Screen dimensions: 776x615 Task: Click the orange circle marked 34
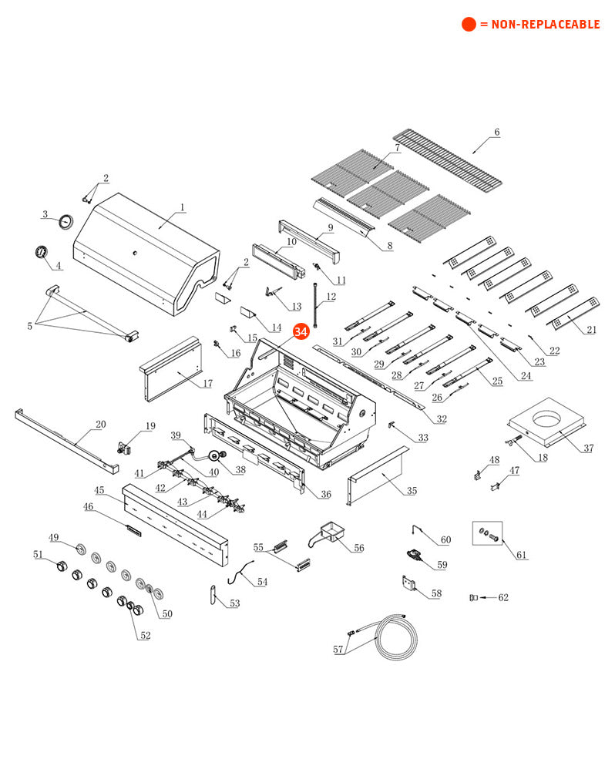pyautogui.click(x=301, y=331)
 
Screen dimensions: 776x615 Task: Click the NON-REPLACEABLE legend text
pyautogui.click(x=539, y=25)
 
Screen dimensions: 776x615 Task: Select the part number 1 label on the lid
pyautogui.click(x=183, y=207)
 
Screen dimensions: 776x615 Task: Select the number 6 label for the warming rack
pyautogui.click(x=497, y=133)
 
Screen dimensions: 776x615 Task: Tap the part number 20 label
pyautogui.click(x=100, y=425)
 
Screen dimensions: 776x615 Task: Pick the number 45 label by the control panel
pyautogui.click(x=99, y=490)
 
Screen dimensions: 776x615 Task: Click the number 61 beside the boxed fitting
pyautogui.click(x=522, y=555)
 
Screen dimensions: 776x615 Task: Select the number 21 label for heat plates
pyautogui.click(x=592, y=330)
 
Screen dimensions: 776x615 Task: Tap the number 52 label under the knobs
pyautogui.click(x=145, y=636)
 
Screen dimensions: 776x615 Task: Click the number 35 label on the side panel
pyautogui.click(x=412, y=491)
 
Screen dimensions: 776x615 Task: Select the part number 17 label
pyautogui.click(x=207, y=383)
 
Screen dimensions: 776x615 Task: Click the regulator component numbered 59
pyautogui.click(x=414, y=555)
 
